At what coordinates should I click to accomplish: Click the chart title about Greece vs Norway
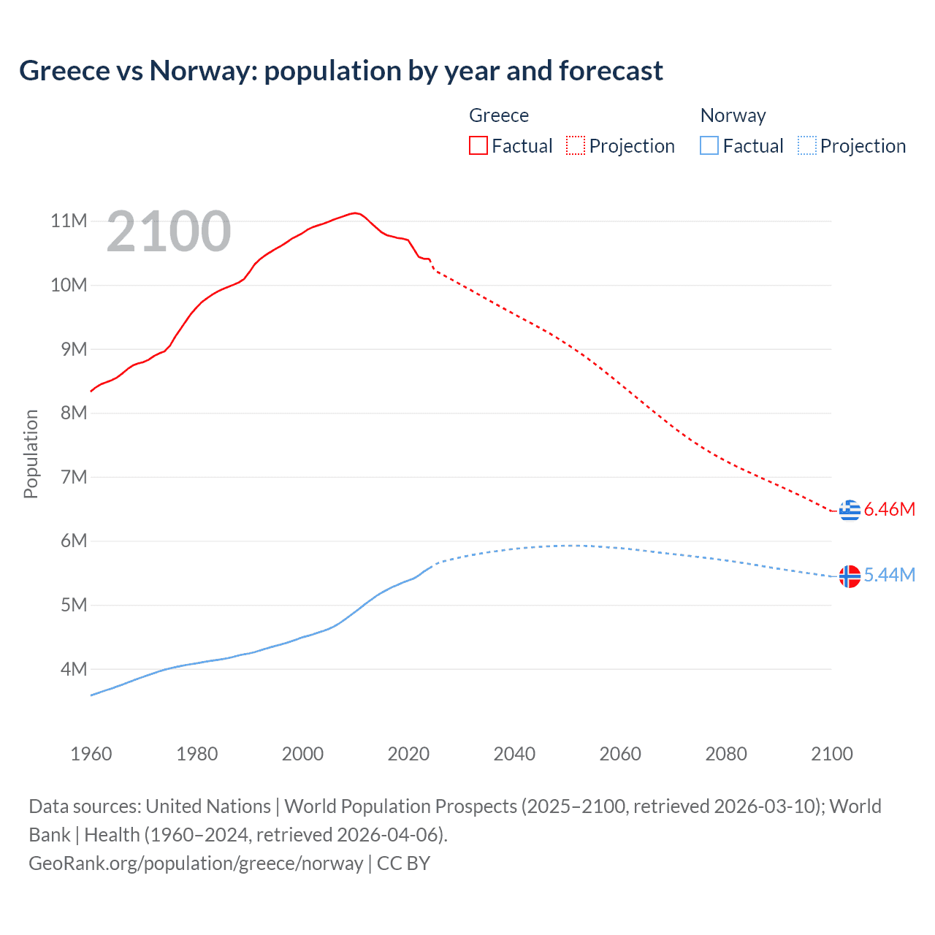(341, 71)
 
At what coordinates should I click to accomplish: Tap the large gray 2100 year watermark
(169, 232)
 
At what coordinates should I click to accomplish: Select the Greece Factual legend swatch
(478, 145)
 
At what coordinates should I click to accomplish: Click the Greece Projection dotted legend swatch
(576, 145)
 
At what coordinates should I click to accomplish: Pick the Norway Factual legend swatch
(709, 145)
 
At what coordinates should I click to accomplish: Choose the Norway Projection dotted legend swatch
(807, 145)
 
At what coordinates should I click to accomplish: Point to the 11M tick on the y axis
(69, 221)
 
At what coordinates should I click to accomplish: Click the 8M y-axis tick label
(73, 413)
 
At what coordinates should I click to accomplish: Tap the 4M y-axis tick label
(73, 669)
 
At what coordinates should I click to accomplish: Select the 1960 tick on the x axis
(91, 754)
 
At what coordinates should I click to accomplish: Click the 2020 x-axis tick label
(408, 754)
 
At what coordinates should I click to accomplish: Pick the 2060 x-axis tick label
(620, 754)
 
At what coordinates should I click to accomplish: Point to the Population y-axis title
(31, 454)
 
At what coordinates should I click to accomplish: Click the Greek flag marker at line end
(850, 510)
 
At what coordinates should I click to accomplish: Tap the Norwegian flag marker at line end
(850, 576)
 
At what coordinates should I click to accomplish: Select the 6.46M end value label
(889, 510)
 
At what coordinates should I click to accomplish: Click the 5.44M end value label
(889, 576)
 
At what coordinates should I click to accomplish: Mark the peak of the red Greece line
(355, 213)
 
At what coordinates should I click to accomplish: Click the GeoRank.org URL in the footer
(196, 863)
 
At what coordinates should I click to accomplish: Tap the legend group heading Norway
(733, 115)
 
